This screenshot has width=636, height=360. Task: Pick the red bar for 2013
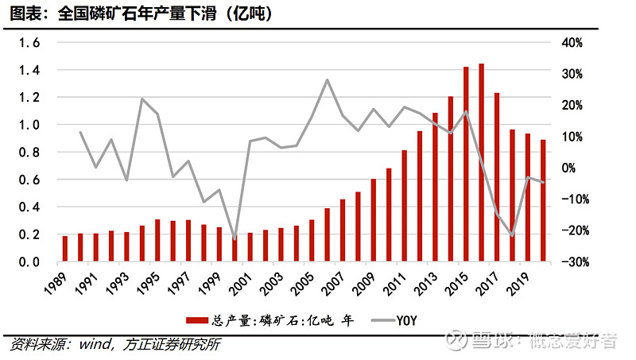pyautogui.click(x=435, y=187)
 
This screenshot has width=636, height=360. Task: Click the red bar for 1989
pyautogui.click(x=65, y=249)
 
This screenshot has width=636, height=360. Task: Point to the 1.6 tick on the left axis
pyautogui.click(x=29, y=43)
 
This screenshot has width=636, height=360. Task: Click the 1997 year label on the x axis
pyautogui.click(x=181, y=282)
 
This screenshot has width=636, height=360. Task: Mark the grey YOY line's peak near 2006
pyautogui.click(x=327, y=79)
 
